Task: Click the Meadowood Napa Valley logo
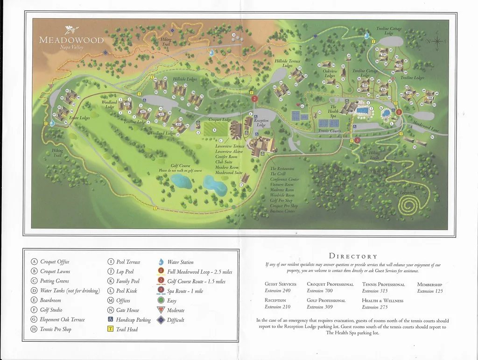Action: [71, 37]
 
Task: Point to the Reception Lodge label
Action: [261, 123]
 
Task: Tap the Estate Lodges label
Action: [79, 118]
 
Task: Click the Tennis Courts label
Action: [330, 131]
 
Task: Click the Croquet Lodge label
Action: [220, 120]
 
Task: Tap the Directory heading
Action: [353, 256]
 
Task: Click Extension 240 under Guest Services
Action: [277, 291]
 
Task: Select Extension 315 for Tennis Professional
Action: [375, 291]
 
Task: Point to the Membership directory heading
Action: [429, 284]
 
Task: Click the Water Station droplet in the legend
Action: [161, 262]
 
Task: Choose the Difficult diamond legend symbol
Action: [161, 320]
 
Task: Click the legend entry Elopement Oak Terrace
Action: [63, 319]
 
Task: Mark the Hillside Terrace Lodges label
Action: [288, 64]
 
